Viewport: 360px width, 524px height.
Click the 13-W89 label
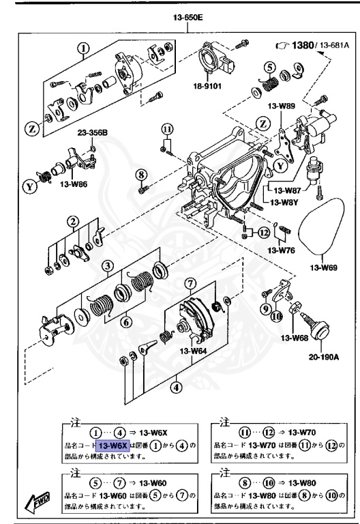point(282,106)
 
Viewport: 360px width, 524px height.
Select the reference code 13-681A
point(336,46)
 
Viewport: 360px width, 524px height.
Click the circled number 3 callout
point(108,265)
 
